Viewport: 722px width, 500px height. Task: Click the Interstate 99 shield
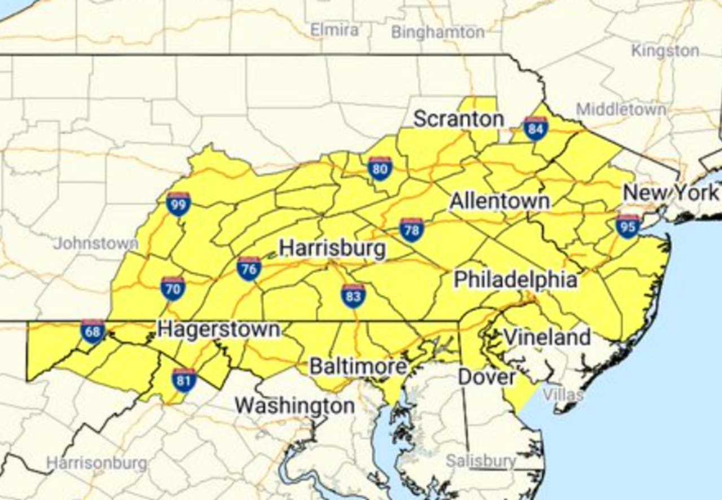coord(178,204)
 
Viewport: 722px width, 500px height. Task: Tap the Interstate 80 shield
coord(380,168)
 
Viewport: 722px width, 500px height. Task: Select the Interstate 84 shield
coord(535,129)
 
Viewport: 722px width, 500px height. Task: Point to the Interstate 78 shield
coord(412,230)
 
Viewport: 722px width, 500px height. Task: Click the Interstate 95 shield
coord(628,226)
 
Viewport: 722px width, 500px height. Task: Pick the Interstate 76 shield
coord(249,269)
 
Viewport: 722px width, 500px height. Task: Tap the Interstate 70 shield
coord(173,288)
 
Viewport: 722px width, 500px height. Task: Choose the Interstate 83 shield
coord(353,296)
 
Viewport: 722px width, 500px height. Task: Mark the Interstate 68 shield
coord(93,332)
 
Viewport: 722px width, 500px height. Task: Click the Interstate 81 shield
coord(184,380)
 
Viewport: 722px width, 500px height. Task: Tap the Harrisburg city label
coord(333,248)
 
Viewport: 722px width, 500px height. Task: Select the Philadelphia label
coord(516,279)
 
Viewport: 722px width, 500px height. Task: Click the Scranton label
coord(459,119)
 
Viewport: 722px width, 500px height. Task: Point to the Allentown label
coord(500,201)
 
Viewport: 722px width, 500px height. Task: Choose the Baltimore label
coord(358,367)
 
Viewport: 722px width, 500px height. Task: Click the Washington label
coord(294,405)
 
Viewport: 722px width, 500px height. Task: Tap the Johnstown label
coord(96,244)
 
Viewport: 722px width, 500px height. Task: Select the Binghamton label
coord(438,32)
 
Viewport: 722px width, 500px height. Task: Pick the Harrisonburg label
coord(96,463)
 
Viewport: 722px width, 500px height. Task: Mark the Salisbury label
coord(481,461)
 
